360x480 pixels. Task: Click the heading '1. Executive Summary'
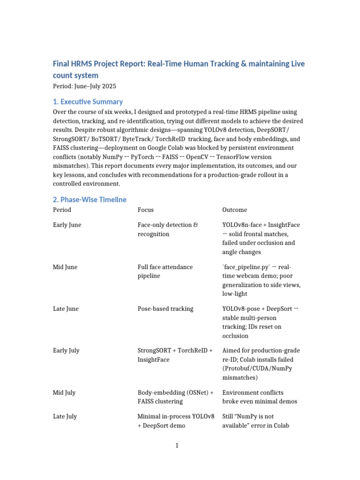pos(88,102)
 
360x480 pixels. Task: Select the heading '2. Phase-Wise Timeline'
pos(90,200)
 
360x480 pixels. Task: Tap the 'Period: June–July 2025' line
pos(84,86)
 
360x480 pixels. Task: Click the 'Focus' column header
pos(145,210)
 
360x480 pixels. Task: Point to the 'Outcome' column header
pos(234,210)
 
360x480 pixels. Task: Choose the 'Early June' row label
pos(67,225)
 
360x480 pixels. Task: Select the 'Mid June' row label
pos(65,267)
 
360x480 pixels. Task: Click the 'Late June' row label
pos(66,309)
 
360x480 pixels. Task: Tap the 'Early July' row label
pos(66,351)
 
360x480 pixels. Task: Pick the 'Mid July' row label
pos(64,393)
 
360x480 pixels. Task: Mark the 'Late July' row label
pos(65,416)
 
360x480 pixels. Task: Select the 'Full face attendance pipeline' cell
pos(165,271)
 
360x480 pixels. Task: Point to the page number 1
pos(177,445)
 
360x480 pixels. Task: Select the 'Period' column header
pos(62,210)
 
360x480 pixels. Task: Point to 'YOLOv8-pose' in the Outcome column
pos(241,309)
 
